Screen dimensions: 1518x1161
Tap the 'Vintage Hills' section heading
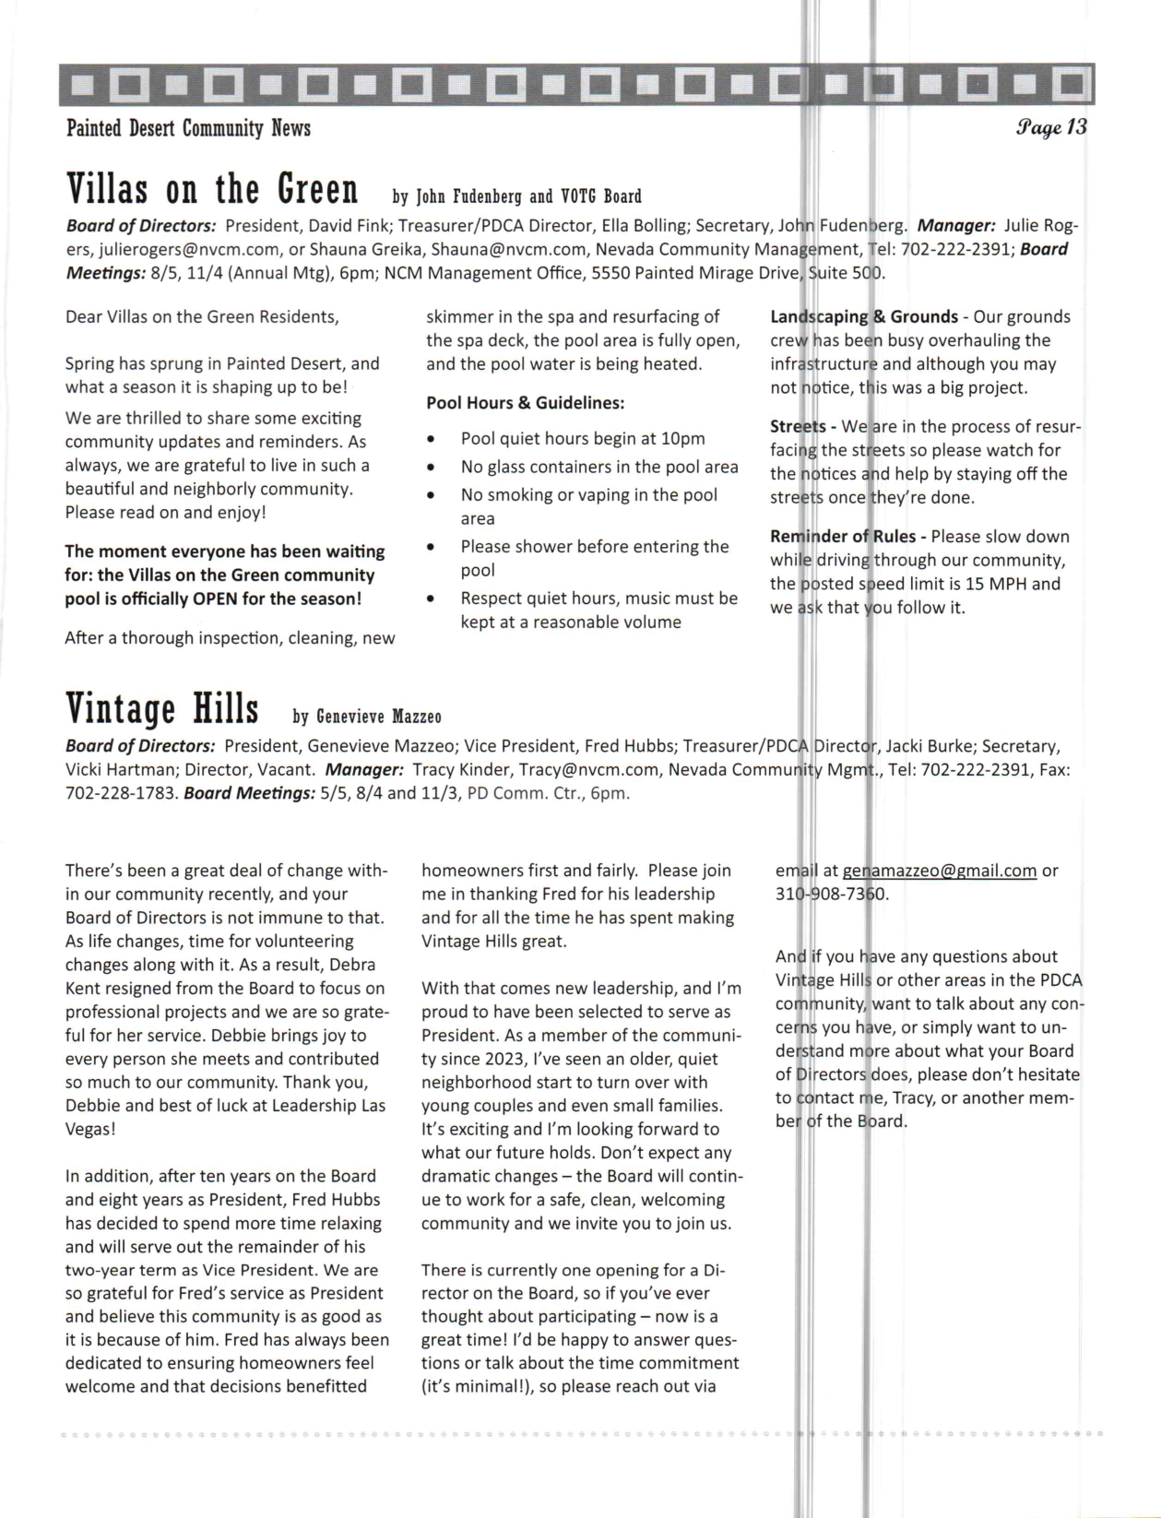[x=161, y=710]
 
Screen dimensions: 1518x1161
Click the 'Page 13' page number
[x=1052, y=128]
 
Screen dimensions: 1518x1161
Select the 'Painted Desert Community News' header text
[x=188, y=128]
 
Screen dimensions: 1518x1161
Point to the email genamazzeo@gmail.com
[x=940, y=871]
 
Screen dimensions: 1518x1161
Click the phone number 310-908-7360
[x=832, y=895]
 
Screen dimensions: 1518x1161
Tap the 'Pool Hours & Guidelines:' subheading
[x=525, y=403]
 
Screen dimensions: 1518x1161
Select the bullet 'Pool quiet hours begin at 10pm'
[x=582, y=439]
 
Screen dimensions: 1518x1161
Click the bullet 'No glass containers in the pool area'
[x=599, y=468]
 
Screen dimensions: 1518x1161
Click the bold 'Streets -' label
[x=802, y=427]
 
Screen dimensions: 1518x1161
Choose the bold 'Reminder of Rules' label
[x=843, y=537]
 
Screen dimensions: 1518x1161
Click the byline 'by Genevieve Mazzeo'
[x=367, y=717]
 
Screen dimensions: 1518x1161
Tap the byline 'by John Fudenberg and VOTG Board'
[x=516, y=196]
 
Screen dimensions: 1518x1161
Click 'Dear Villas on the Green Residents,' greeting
[x=202, y=317]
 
